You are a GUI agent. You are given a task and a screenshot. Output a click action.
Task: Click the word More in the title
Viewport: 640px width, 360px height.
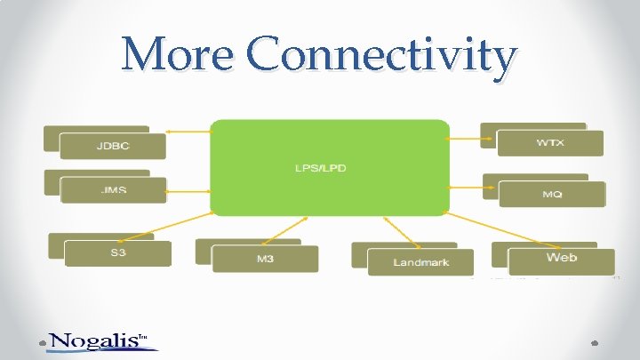tap(180, 55)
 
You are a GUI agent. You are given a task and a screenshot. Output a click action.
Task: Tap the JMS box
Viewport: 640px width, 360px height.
tap(113, 190)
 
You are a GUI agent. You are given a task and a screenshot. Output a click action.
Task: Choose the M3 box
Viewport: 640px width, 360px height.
tap(265, 259)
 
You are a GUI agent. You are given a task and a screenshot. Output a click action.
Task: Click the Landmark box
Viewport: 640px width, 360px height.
tap(420, 261)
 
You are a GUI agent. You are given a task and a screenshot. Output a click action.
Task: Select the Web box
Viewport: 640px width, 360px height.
tap(561, 259)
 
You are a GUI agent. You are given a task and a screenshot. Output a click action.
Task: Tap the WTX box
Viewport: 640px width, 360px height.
tap(549, 143)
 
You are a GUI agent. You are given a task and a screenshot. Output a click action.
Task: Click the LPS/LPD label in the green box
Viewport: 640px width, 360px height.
tap(328, 167)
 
